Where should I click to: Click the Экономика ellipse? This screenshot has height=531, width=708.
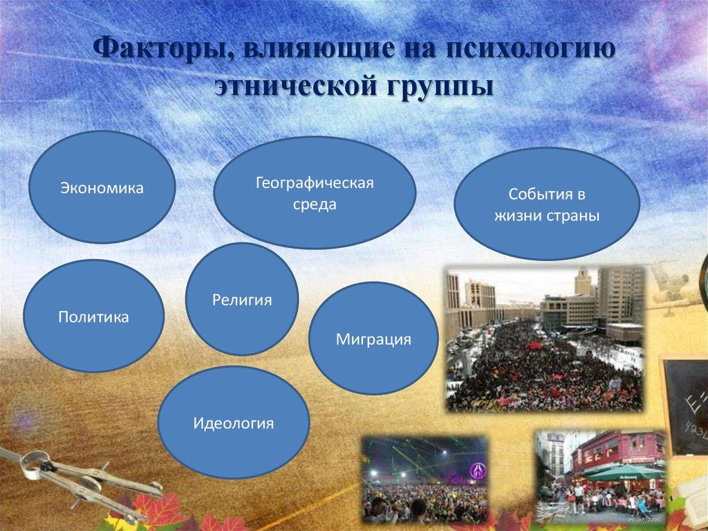[102, 188]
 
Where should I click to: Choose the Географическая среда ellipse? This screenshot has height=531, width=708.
[315, 194]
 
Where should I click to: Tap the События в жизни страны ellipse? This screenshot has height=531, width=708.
[547, 204]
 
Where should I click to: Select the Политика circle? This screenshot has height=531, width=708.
[94, 316]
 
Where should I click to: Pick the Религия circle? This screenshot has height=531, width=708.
[242, 300]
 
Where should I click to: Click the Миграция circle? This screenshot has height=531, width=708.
[373, 339]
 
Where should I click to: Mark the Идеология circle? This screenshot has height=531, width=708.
[234, 422]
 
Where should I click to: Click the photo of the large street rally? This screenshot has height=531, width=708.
[544, 339]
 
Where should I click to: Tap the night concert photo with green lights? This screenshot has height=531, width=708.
[425, 481]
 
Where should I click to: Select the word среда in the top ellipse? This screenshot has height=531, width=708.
[315, 205]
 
